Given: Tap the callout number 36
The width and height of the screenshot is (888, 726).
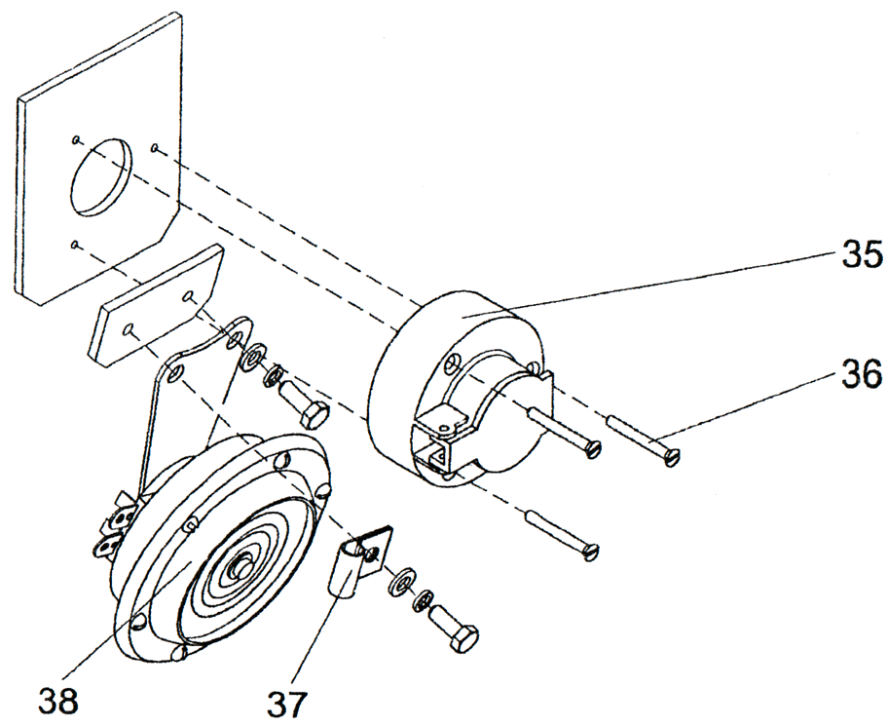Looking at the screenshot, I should (x=858, y=372).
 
